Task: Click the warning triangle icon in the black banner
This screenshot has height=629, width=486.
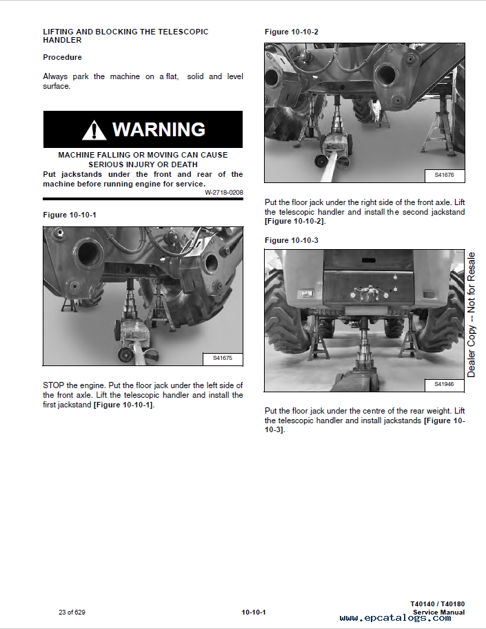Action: tap(94, 130)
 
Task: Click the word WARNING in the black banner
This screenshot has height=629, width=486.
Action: tap(159, 129)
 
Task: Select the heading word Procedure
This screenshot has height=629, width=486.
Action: tap(62, 57)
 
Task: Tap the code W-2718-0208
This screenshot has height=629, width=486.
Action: tap(223, 192)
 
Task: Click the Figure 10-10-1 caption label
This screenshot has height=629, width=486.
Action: tap(70, 215)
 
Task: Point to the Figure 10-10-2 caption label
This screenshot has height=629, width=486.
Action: tap(292, 32)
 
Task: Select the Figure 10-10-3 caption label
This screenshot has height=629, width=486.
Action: tap(292, 240)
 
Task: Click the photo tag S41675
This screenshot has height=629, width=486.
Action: tap(223, 359)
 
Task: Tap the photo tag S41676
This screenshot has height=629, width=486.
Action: tap(445, 175)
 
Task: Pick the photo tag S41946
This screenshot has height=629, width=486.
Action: tap(445, 384)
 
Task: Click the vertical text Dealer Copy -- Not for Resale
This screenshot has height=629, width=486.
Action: tap(472, 314)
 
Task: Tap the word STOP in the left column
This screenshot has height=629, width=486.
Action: tap(53, 385)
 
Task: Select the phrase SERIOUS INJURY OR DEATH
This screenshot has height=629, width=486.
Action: tap(143, 165)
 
